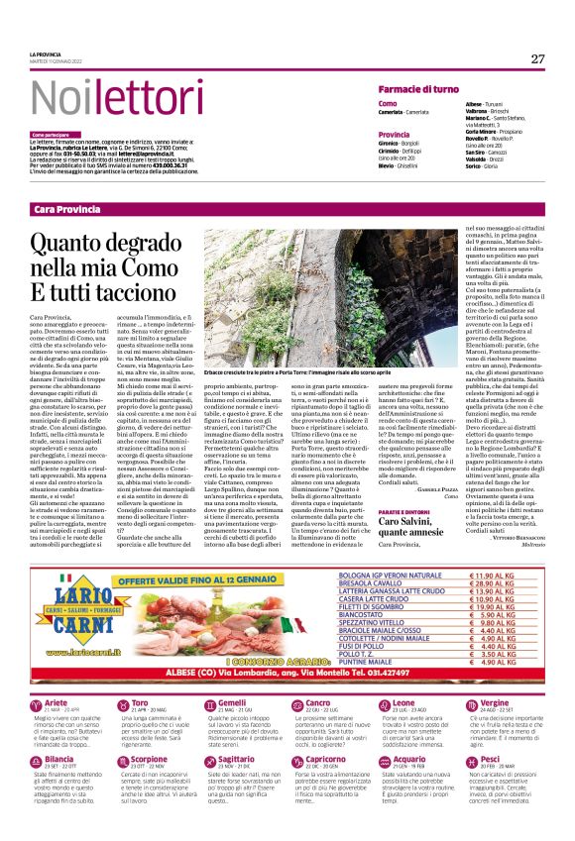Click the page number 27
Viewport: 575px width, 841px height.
pyautogui.click(x=536, y=59)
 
